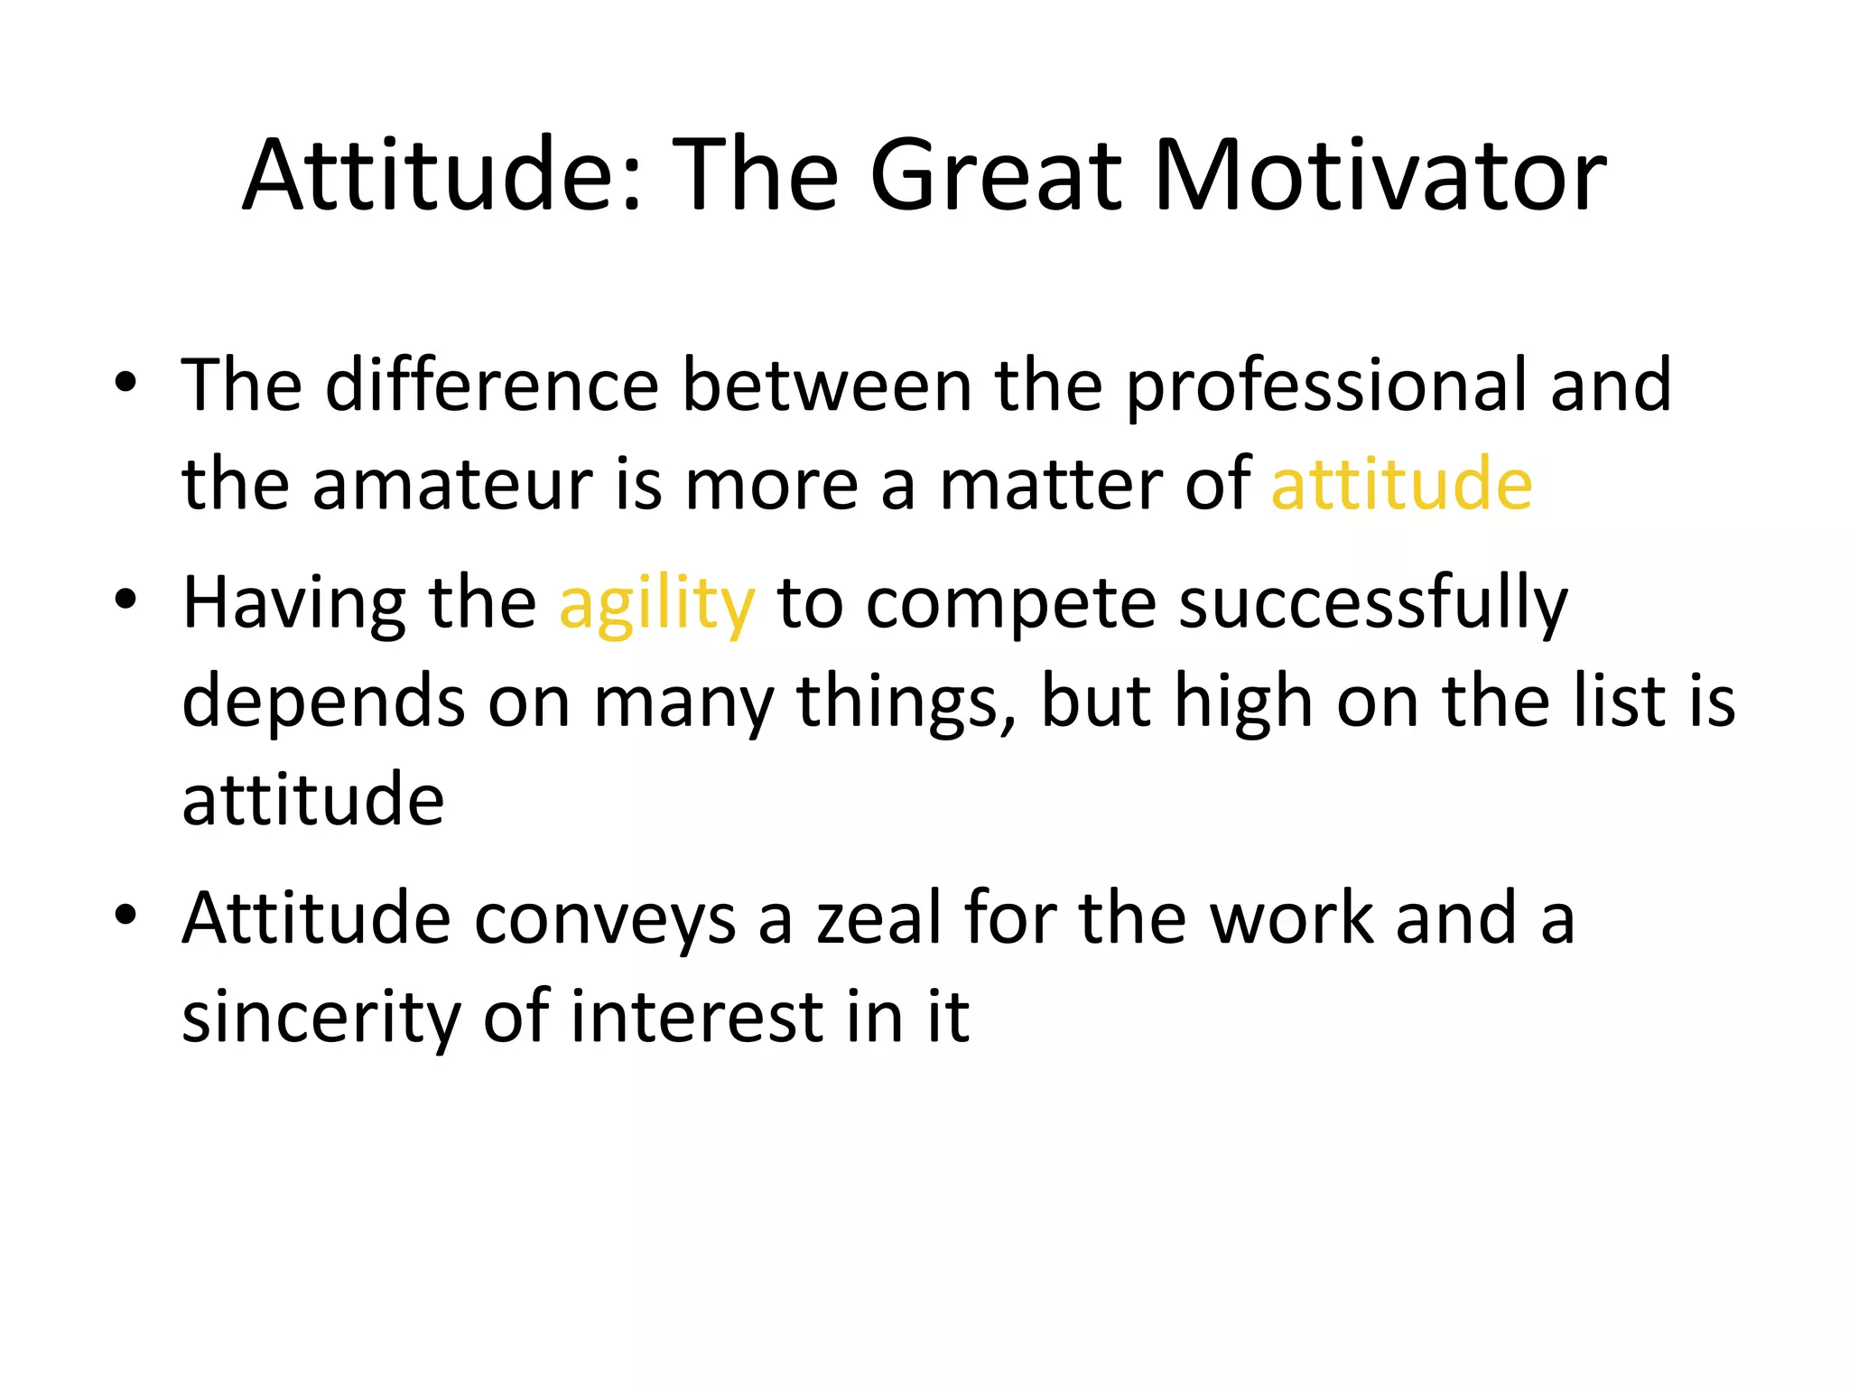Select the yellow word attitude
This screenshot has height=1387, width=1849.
tap(1401, 484)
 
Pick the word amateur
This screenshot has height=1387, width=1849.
tap(452, 484)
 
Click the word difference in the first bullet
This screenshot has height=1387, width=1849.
tap(492, 386)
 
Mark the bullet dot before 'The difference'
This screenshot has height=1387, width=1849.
tap(125, 383)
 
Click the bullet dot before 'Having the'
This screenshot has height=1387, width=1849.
tap(125, 600)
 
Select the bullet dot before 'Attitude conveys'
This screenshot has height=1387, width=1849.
tap(125, 915)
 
